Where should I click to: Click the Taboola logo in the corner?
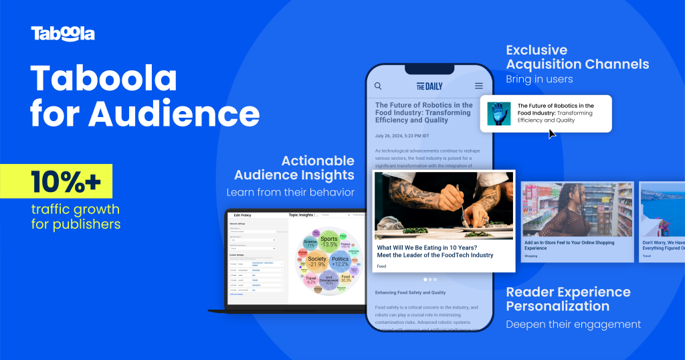point(63,33)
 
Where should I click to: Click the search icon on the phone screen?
point(378,86)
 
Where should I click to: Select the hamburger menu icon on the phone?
point(478,86)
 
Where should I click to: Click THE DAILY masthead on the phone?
point(429,86)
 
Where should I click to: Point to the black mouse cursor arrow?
point(552,134)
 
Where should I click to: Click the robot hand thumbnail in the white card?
point(498,113)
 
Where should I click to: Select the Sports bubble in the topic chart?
point(328,242)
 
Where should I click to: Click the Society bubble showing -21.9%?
point(317,262)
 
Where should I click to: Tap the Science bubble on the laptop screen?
point(310,243)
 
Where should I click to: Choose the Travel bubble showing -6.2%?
point(310,280)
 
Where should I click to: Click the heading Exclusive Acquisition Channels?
point(577,58)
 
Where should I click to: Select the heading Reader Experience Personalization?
point(568,299)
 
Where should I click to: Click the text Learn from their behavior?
point(290,192)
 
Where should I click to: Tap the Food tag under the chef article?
point(381,266)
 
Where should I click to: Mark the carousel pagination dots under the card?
point(429,279)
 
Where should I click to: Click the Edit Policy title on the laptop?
point(241,215)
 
